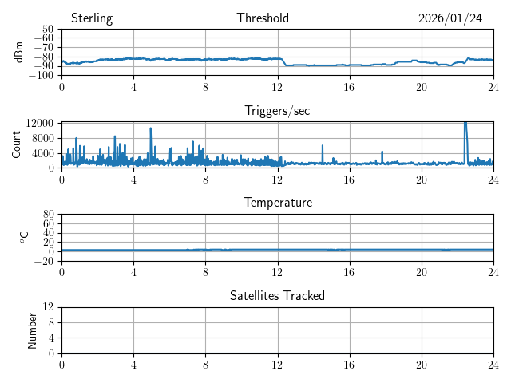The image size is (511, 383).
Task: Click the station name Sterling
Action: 91,18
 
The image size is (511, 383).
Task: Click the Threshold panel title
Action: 263,18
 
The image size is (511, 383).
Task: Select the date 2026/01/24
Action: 450,18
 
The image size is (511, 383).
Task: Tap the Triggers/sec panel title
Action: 277,111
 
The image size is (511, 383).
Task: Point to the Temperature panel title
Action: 277,203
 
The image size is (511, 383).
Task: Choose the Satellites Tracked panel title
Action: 277,295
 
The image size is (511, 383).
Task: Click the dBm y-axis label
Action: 20,52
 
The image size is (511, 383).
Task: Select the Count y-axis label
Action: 17,144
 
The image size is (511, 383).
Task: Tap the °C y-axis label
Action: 23,237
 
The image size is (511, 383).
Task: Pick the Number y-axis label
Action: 33,330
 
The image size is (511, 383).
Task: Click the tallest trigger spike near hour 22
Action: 465,123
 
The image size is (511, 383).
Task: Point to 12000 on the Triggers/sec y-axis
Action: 39,124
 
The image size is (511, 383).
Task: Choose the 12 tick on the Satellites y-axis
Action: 49,307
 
